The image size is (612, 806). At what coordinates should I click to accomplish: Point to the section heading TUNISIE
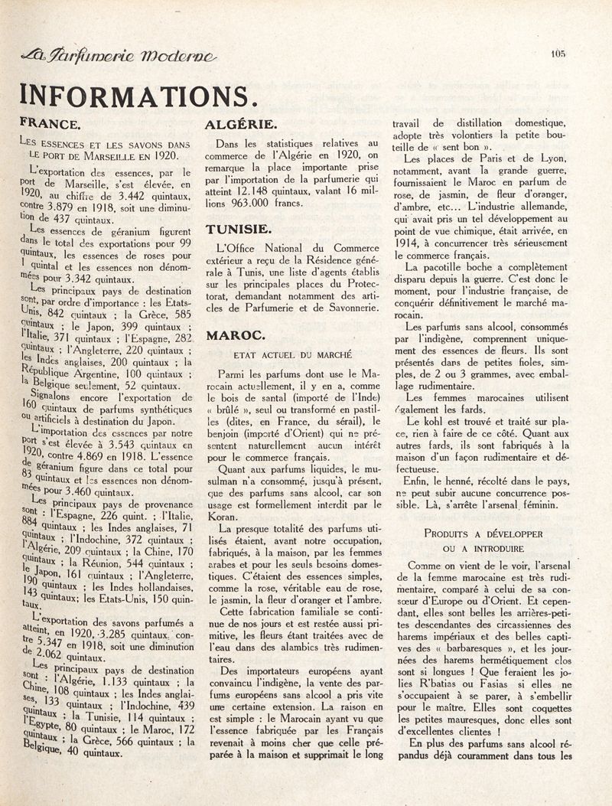[x=238, y=228]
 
